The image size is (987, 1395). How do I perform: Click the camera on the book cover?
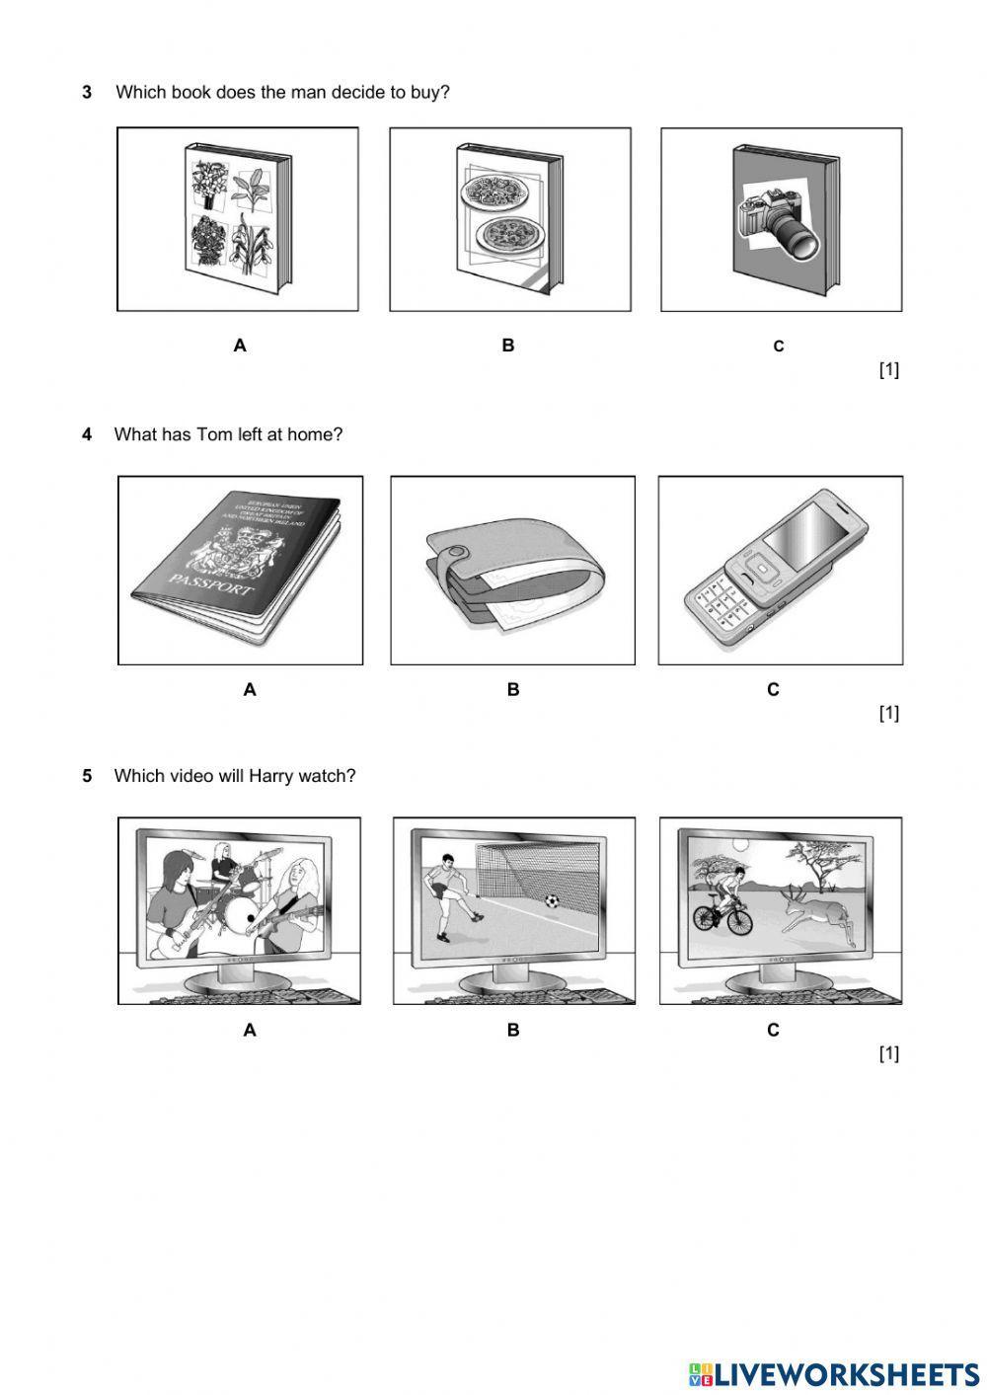click(780, 219)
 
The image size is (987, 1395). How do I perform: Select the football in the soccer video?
click(552, 900)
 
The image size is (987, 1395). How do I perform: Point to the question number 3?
click(87, 93)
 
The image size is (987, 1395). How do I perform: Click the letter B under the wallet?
click(513, 690)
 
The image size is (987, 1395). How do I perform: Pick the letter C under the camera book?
click(779, 347)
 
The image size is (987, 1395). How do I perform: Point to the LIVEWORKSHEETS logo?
click(834, 1373)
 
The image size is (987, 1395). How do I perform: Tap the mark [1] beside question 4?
click(888, 713)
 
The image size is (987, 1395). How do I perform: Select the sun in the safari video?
click(740, 843)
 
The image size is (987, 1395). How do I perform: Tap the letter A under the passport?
click(250, 690)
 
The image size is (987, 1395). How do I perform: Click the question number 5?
click(87, 776)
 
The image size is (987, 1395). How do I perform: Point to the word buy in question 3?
click(426, 93)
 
